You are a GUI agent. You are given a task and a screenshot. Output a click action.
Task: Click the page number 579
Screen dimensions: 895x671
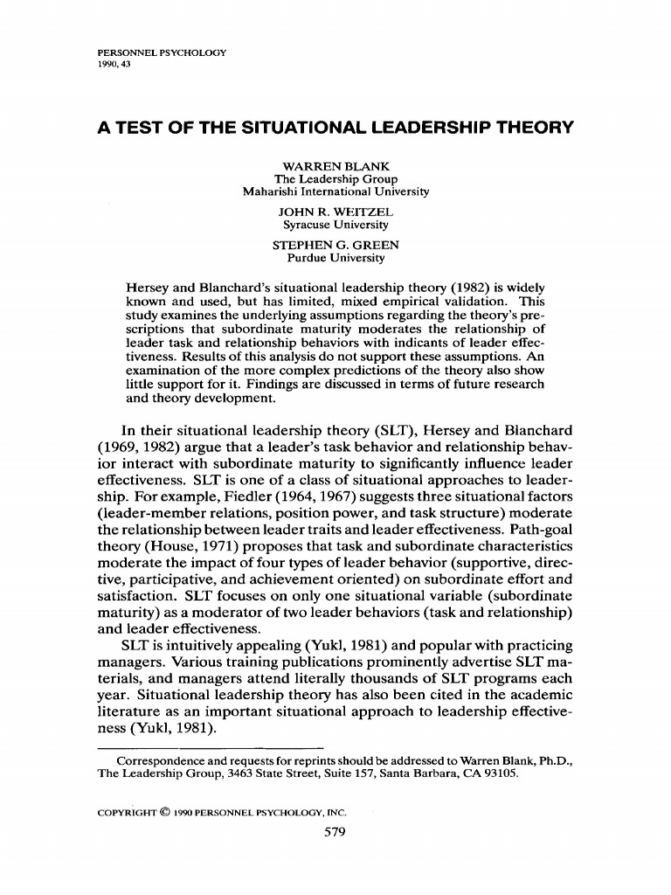pos(335,831)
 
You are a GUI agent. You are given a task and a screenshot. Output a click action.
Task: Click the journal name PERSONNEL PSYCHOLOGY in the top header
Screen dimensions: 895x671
pos(163,52)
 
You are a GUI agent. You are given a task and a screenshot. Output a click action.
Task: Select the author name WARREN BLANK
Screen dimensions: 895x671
pos(335,166)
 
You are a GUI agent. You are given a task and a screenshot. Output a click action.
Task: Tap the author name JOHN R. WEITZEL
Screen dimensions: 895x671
pos(335,212)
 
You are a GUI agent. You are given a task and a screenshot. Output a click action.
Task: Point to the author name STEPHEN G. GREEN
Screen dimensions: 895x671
pos(335,246)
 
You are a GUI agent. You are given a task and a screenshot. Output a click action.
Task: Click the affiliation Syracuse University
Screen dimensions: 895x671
pos(335,225)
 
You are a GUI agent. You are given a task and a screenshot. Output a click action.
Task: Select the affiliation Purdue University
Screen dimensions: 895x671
pos(335,258)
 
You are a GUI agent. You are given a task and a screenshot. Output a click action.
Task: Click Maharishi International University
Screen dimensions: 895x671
pos(335,191)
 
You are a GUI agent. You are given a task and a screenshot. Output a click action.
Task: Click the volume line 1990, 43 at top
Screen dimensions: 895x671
pos(116,65)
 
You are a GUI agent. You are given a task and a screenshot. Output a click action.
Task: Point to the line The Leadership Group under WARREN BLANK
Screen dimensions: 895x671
pos(335,179)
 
